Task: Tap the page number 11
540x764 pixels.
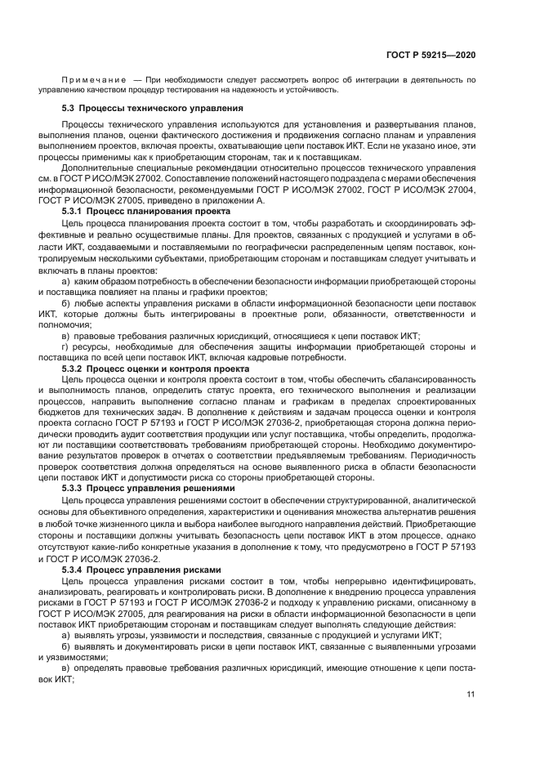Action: (471, 694)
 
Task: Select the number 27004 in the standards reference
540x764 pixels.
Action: (458, 188)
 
